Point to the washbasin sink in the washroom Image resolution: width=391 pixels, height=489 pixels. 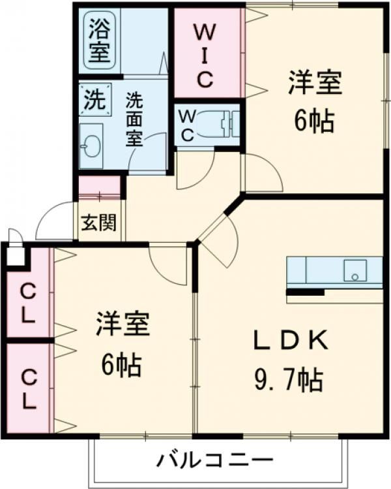[x=91, y=144]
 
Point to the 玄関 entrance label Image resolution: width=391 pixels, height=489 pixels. [x=99, y=223]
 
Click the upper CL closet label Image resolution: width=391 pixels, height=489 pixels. [x=27, y=303]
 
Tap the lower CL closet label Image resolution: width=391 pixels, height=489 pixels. [x=27, y=388]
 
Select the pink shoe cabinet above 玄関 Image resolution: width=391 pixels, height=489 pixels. [x=100, y=187]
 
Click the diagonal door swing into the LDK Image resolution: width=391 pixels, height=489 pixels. [x=218, y=238]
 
